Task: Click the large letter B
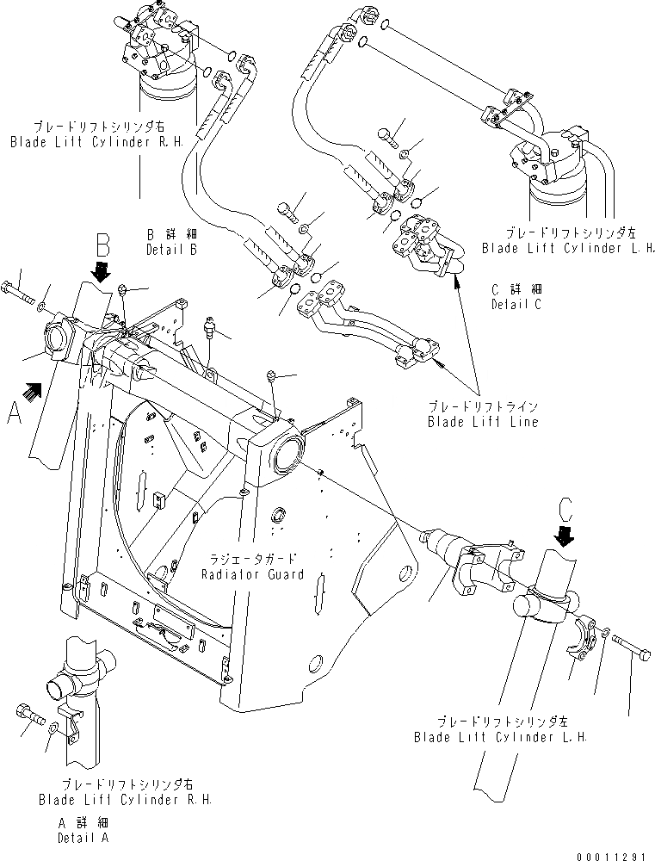[x=102, y=245]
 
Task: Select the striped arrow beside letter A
[x=34, y=393]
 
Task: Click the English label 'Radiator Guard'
[x=253, y=574]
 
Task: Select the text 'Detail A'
[x=83, y=837]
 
